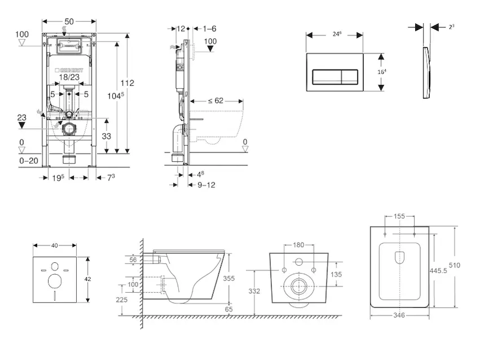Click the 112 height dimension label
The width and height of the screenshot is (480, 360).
pyautogui.click(x=127, y=83)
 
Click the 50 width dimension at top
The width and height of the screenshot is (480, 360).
pyautogui.click(x=69, y=21)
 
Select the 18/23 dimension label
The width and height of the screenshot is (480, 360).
pyautogui.click(x=70, y=77)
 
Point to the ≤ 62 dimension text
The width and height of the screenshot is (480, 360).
pyautogui.click(x=216, y=101)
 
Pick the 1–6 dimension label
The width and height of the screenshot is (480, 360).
pyautogui.click(x=209, y=28)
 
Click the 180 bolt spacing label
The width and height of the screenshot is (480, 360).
pyautogui.click(x=298, y=245)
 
